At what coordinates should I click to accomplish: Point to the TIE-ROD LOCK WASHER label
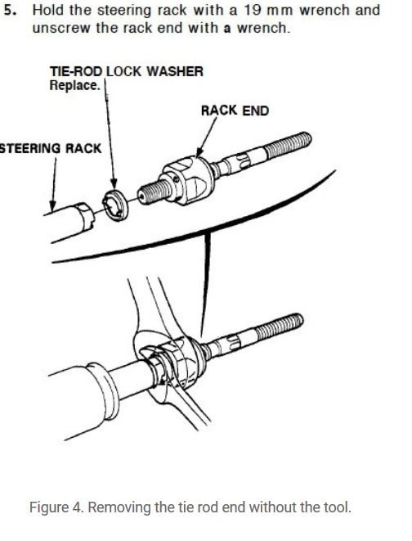pyautogui.click(x=126, y=71)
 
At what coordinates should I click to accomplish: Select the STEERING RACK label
pyautogui.click(x=51, y=148)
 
